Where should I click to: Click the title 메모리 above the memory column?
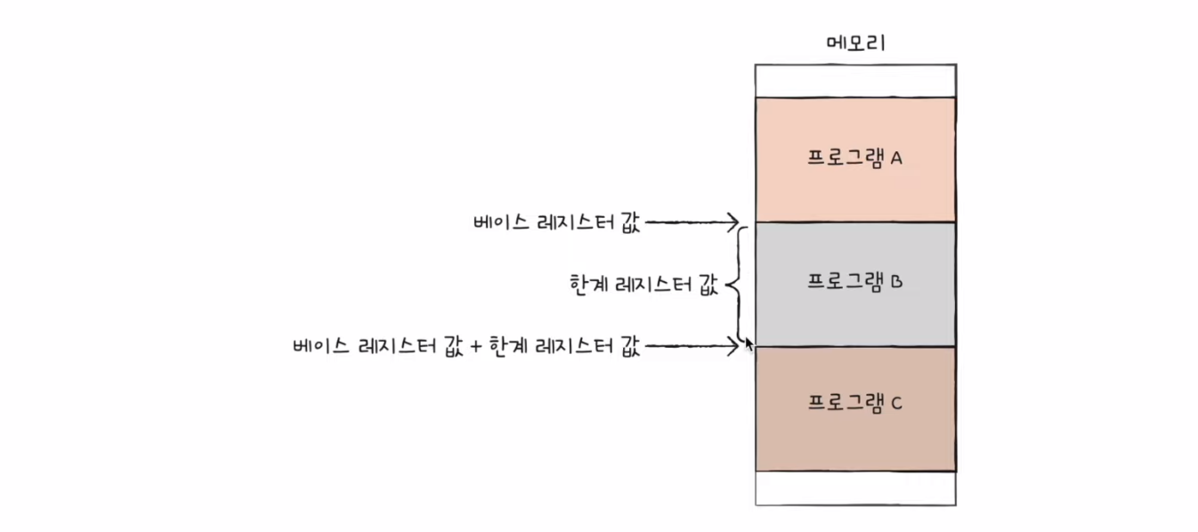pos(854,43)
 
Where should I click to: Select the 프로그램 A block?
pos(854,158)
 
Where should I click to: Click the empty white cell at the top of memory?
pos(854,80)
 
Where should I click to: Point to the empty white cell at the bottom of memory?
pos(854,488)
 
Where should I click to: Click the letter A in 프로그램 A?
pos(896,158)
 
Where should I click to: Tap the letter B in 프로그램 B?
pos(896,282)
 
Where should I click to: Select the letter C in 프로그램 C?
pos(896,404)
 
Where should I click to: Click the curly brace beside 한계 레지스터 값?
pos(735,284)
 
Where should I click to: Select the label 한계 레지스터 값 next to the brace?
pos(643,284)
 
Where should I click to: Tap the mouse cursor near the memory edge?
pos(749,343)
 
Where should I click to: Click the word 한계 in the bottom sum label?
pos(508,347)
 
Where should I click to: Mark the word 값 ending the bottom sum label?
pos(630,347)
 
